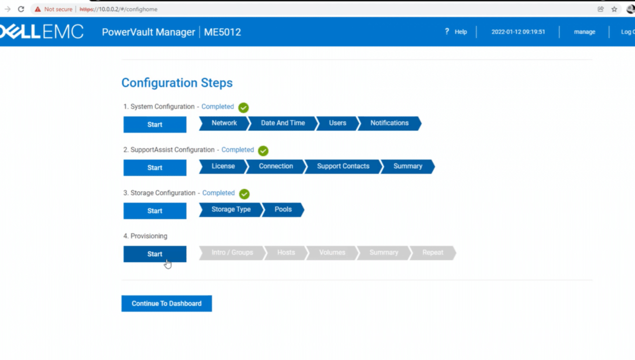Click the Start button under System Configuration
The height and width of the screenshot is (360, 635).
pyautogui.click(x=155, y=124)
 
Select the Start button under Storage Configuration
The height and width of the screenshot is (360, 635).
pyautogui.click(x=155, y=211)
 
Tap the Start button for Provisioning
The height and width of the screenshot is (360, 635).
pyautogui.click(x=155, y=254)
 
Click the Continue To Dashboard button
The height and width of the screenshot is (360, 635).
pyautogui.click(x=167, y=304)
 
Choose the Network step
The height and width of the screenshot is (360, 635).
pyautogui.click(x=224, y=123)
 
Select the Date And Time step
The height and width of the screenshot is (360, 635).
pyautogui.click(x=283, y=123)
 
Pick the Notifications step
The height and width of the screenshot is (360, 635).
pyautogui.click(x=389, y=123)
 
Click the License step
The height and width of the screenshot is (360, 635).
pyautogui.click(x=223, y=167)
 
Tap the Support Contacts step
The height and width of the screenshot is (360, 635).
pyautogui.click(x=343, y=167)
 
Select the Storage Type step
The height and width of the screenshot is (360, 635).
pyautogui.click(x=231, y=210)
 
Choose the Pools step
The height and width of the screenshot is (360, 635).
pyautogui.click(x=283, y=210)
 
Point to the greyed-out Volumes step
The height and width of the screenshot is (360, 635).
pyautogui.click(x=332, y=252)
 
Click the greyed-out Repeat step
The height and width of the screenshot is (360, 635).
pyautogui.click(x=433, y=252)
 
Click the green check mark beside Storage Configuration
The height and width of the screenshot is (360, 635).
pyautogui.click(x=244, y=193)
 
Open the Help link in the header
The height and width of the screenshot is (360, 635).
pyautogui.click(x=456, y=31)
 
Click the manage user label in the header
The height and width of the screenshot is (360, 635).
pyautogui.click(x=585, y=31)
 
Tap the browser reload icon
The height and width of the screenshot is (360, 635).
pyautogui.click(x=21, y=9)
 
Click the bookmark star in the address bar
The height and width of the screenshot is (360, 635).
pyautogui.click(x=614, y=9)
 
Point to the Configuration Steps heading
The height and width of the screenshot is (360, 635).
pyautogui.click(x=177, y=83)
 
